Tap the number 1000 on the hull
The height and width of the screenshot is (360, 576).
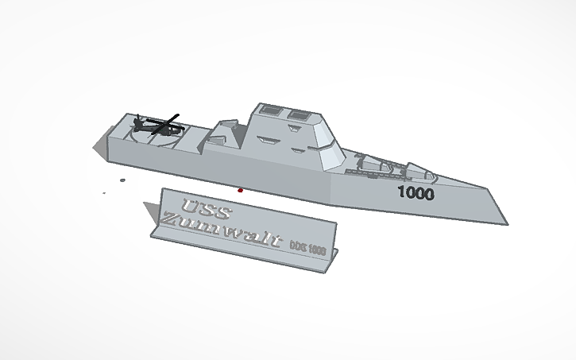pos(416,192)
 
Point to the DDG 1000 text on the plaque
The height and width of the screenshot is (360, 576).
pos(307,247)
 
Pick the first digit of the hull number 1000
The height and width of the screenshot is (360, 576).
pos(400,192)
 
